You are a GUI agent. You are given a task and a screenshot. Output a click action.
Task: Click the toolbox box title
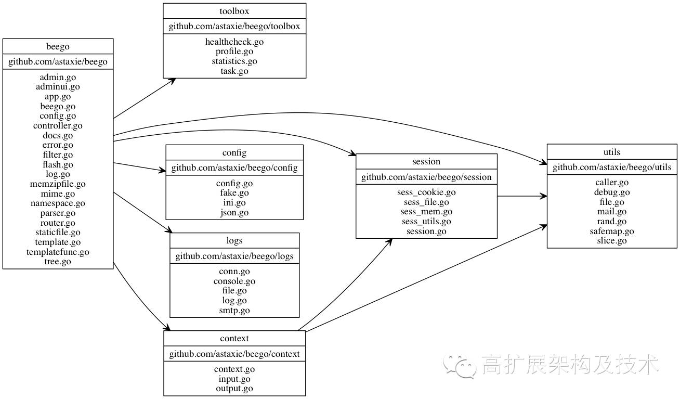(x=234, y=11)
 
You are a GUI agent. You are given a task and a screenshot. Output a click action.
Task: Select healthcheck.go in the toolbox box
(x=234, y=42)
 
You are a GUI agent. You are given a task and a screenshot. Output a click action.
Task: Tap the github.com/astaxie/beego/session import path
(x=426, y=177)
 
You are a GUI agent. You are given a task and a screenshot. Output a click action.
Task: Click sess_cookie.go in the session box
(x=426, y=192)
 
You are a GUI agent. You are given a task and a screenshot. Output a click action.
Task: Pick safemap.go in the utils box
(x=612, y=231)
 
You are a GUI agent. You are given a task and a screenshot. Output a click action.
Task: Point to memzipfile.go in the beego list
(x=58, y=184)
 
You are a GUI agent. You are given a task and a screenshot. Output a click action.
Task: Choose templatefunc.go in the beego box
(x=58, y=252)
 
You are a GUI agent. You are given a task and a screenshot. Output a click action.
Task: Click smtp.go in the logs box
(x=234, y=311)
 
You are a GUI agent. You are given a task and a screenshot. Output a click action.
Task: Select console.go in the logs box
(x=234, y=281)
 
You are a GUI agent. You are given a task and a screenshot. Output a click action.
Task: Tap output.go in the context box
(x=234, y=389)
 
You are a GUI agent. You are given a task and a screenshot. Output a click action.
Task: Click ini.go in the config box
(x=234, y=203)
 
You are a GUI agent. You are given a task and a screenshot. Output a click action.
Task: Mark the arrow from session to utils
(x=522, y=197)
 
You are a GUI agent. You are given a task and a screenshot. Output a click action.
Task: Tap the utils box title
(x=612, y=152)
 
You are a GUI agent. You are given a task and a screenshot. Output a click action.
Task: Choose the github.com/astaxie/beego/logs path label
(x=234, y=256)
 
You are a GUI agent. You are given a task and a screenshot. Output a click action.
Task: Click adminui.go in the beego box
(x=58, y=87)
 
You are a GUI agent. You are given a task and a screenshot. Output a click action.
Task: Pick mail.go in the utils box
(x=612, y=212)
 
